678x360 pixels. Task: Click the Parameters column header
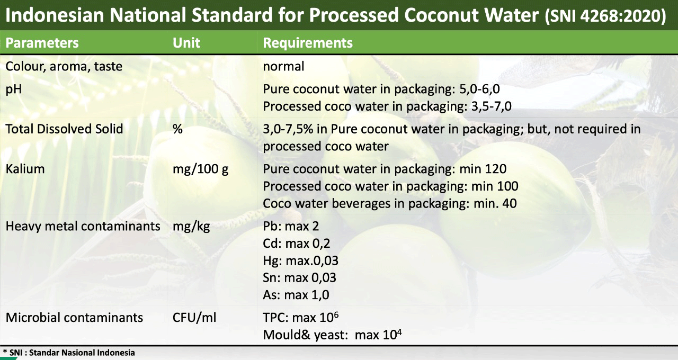pos(42,43)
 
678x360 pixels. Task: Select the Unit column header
pos(186,43)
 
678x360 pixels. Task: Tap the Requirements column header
pos(308,43)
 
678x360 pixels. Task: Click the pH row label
pos(14,89)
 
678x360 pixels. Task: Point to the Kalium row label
pos(25,169)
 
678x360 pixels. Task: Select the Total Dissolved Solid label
pos(64,129)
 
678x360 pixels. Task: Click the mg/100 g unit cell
pos(200,169)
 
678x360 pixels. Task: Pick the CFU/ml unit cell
pos(194,318)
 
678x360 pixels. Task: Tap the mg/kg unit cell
pos(191,227)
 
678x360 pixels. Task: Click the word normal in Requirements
pos(283,66)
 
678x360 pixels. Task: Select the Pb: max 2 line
pos(291,226)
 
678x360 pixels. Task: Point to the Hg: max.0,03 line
pos(300,261)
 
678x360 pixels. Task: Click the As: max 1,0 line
pos(296,295)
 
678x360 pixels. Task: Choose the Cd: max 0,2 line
pos(296,244)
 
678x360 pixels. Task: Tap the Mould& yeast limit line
pos(332,335)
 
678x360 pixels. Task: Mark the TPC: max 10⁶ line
pos(300,317)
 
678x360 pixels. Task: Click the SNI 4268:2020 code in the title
pos(605,16)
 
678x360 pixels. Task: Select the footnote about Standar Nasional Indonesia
pos(69,353)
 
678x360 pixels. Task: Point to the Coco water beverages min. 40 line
pos(389,204)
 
